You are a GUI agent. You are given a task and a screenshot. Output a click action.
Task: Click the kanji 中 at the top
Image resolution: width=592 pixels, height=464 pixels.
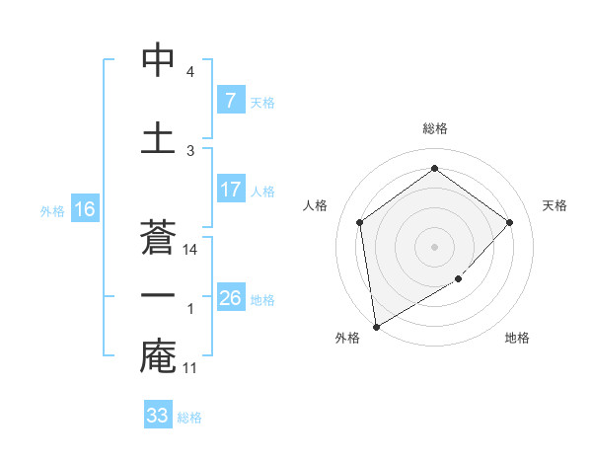point(158,60)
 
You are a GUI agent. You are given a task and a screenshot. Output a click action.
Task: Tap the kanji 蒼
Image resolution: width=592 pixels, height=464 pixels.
point(158,235)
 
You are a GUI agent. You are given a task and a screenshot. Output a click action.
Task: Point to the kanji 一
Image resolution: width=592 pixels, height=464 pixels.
point(158,295)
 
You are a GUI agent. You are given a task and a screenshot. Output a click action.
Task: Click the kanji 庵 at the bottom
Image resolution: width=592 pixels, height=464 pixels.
point(158,356)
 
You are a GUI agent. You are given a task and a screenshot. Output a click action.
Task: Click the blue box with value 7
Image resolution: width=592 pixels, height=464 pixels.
point(230,101)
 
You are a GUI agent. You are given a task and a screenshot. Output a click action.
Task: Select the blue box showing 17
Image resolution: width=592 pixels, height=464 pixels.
point(230,190)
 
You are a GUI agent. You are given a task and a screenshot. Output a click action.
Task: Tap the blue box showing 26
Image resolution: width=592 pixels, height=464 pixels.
point(230,298)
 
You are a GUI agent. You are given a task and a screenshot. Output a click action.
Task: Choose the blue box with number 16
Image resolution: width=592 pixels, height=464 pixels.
point(84,209)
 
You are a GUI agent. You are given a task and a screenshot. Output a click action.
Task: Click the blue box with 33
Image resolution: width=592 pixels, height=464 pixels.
point(158,416)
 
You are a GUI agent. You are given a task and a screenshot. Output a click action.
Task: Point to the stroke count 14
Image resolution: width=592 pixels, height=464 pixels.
point(191,250)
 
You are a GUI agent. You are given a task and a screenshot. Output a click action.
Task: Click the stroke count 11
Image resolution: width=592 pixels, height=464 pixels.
point(191,368)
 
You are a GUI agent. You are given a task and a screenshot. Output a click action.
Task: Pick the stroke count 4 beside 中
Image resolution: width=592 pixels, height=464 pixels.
point(190,72)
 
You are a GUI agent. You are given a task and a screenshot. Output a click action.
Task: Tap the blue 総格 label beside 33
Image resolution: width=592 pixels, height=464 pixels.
point(190,418)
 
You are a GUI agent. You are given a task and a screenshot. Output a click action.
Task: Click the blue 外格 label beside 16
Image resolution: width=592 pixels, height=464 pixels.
point(52,210)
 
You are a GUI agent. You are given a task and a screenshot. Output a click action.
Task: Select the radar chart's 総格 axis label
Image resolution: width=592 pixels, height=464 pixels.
point(434,128)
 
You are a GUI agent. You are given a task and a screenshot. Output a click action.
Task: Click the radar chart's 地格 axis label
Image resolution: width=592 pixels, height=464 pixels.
point(517,338)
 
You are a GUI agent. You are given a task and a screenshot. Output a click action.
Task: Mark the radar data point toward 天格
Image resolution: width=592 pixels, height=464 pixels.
point(510,222)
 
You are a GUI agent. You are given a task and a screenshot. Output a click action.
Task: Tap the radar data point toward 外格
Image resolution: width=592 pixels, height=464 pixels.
point(376,326)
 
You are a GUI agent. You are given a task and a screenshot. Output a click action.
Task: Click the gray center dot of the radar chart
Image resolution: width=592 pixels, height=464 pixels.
point(434,246)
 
